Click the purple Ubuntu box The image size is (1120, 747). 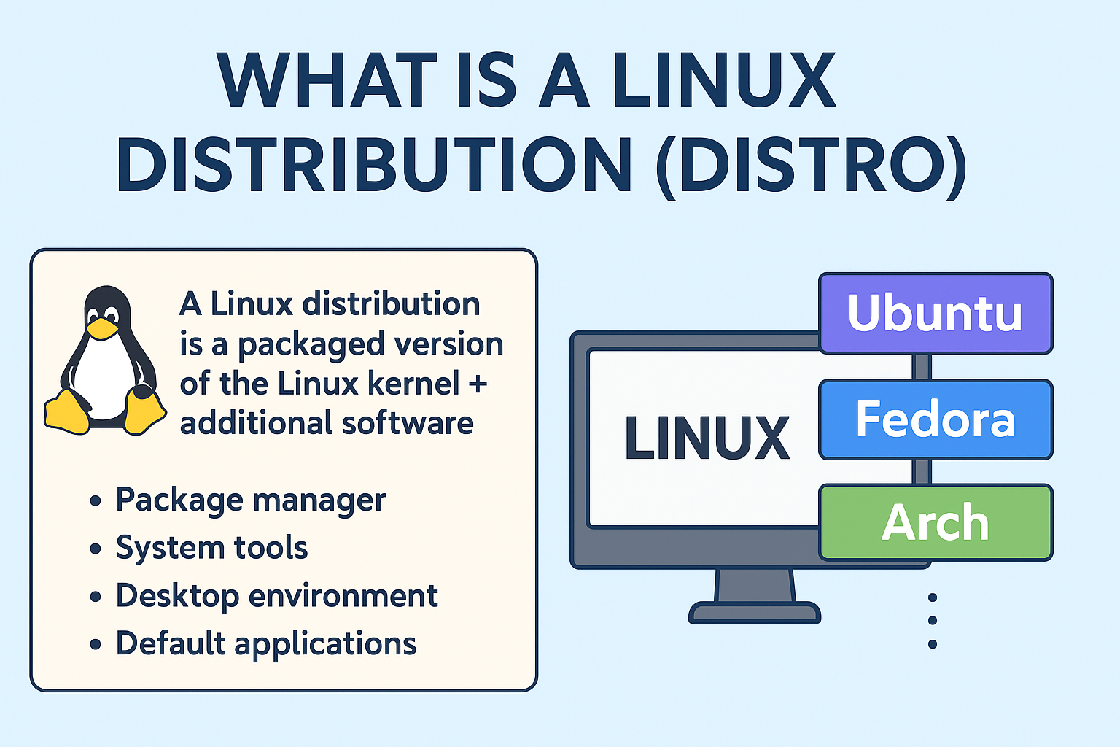click(x=936, y=313)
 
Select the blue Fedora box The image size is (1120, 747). click(x=936, y=419)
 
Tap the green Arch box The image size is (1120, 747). click(x=936, y=522)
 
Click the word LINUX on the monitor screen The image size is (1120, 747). click(x=707, y=438)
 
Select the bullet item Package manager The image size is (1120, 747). click(x=250, y=500)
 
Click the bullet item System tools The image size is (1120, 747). click(x=211, y=548)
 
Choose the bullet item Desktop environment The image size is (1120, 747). click(x=276, y=596)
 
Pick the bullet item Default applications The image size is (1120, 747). click(x=265, y=644)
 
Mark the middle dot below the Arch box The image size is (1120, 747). click(x=932, y=621)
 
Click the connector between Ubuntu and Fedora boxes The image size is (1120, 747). click(x=922, y=366)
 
